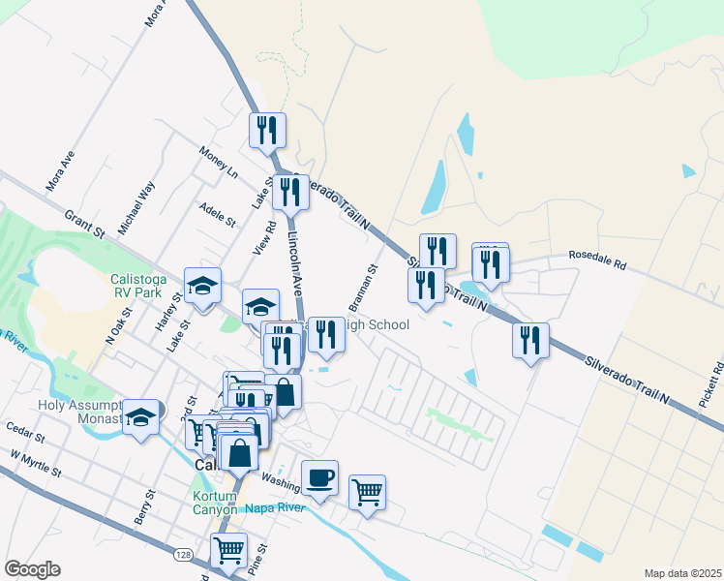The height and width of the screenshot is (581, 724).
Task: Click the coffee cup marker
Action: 319,477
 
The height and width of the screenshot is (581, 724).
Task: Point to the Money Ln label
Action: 219,162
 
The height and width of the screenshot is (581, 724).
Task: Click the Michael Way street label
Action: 136,207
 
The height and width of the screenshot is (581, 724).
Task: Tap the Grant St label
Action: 84,225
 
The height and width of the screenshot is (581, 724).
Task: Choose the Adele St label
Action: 217,214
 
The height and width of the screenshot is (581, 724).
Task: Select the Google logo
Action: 32,569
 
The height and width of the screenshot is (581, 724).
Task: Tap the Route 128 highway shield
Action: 183,555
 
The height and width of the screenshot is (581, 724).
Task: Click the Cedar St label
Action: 20,427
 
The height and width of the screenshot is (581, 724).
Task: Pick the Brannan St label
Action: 362,284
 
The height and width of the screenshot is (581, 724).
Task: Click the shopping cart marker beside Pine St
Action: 228,550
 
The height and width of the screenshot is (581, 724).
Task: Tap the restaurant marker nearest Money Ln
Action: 267,130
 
